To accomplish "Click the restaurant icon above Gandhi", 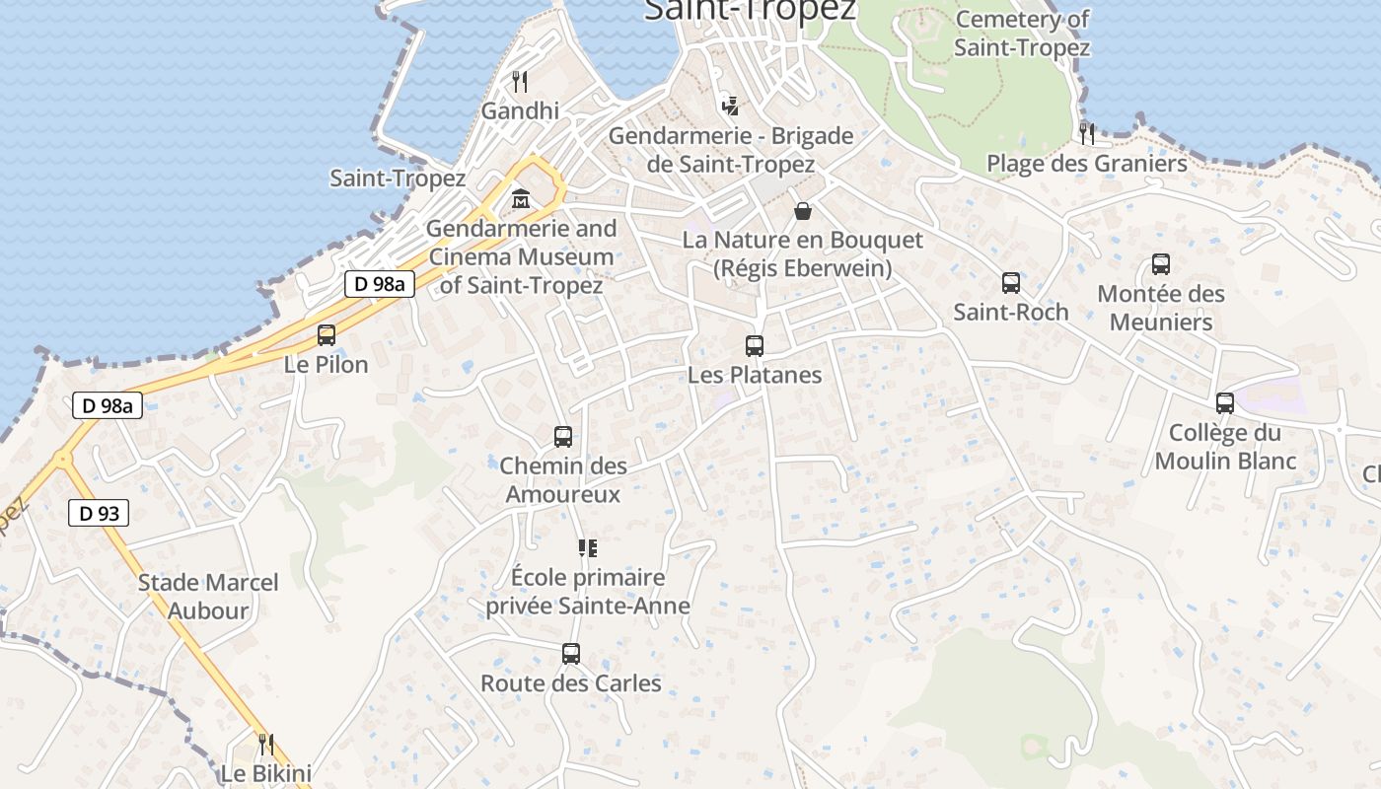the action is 521,81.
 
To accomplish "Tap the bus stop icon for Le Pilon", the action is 327,335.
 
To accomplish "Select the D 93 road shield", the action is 99,513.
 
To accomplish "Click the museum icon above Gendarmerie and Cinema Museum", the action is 521,200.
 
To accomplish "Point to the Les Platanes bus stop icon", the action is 755,346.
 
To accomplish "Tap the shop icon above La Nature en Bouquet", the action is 803,211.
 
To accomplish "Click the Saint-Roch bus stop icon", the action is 1011,283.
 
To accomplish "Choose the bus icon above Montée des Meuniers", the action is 1161,264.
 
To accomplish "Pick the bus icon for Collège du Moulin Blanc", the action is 1225,403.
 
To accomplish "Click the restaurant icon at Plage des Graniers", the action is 1087,133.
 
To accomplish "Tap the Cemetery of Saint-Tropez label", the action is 1022,34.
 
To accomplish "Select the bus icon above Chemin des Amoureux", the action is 563,437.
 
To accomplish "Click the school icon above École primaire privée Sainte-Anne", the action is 588,548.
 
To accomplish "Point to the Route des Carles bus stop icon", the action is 571,654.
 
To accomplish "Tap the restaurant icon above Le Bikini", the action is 265,744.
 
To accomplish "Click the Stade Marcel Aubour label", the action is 208,597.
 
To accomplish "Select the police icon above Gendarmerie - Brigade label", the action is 730,105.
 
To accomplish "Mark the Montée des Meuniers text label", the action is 1161,308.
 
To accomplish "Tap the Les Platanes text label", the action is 755,375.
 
